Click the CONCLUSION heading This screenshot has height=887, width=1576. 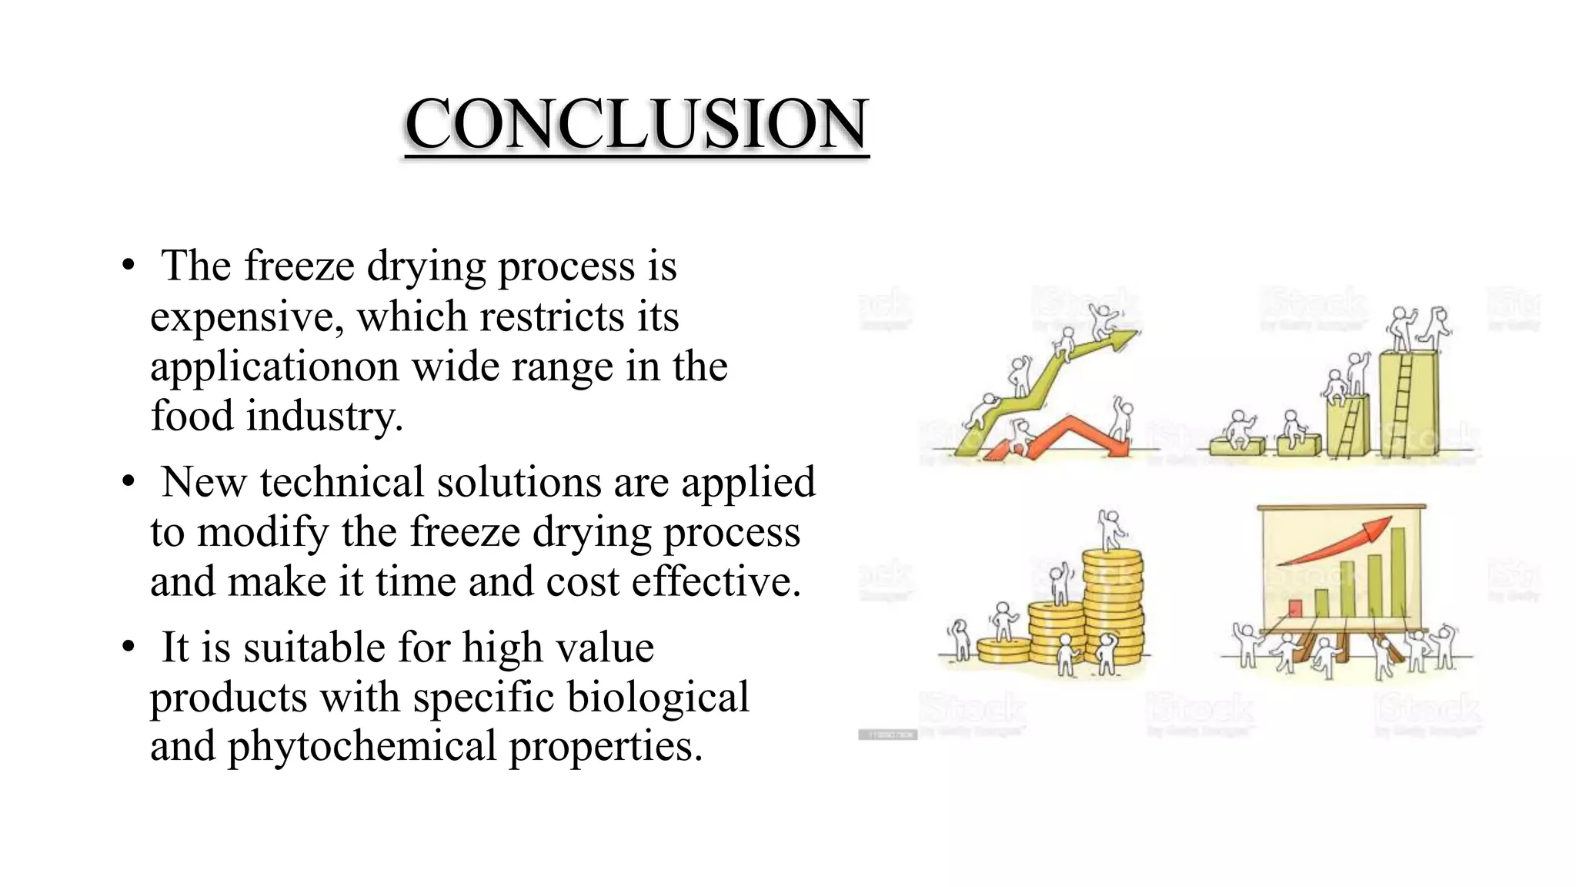(636, 124)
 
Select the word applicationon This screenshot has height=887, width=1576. (275, 367)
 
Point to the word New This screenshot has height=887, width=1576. (204, 483)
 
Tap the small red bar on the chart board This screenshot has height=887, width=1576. (1295, 608)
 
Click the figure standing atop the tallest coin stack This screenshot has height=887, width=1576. (1109, 531)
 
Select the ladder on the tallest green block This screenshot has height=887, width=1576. (1403, 404)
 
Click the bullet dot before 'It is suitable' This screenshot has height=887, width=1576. (129, 648)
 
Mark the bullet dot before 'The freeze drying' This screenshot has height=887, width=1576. (129, 266)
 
